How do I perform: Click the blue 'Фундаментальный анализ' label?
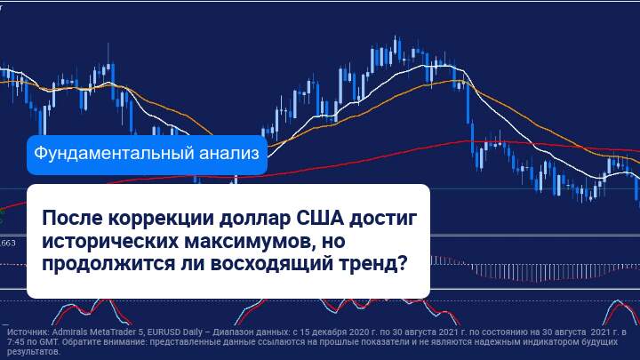click(147, 155)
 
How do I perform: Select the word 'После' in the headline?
click(72, 218)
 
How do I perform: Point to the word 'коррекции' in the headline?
click(161, 219)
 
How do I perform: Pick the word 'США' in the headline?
click(320, 218)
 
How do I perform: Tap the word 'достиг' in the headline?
click(383, 220)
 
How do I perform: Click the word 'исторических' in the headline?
click(110, 242)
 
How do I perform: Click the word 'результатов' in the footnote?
click(33, 352)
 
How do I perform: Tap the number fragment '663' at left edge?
click(9, 244)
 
